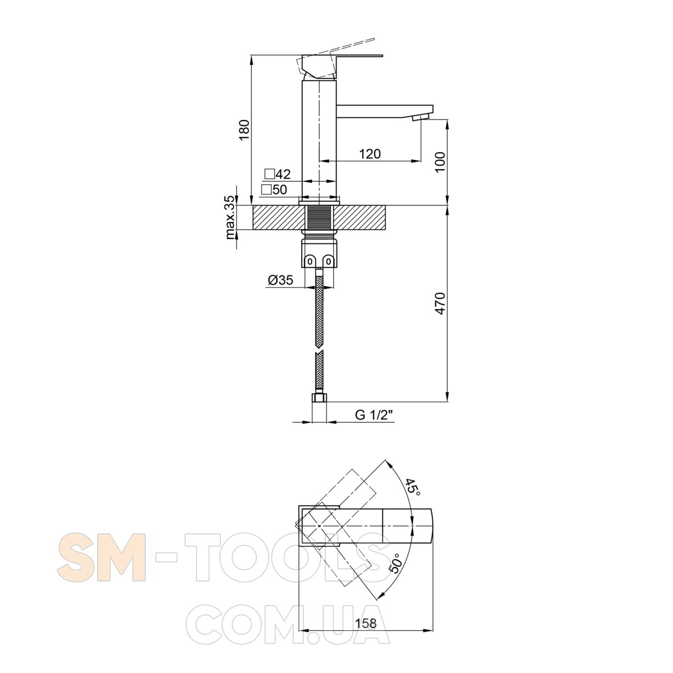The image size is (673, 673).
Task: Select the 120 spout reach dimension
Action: coord(370,154)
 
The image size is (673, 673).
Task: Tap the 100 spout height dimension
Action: coord(440,162)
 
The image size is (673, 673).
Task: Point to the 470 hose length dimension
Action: coord(440,303)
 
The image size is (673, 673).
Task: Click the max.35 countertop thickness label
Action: coord(230,217)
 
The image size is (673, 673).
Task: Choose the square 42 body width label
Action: coord(278,174)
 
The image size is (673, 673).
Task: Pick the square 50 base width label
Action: coord(274,190)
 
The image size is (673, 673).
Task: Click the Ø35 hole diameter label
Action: coord(280,280)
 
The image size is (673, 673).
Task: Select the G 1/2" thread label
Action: coord(374,415)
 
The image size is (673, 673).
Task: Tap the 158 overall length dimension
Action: coord(366,623)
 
